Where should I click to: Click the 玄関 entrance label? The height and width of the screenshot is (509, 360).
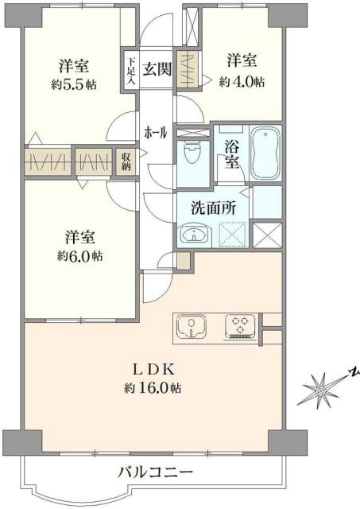(157, 68)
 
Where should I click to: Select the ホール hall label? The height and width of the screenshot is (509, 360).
(155, 133)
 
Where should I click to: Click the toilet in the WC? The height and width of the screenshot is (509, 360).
(192, 152)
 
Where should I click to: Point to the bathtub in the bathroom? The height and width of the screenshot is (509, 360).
(263, 153)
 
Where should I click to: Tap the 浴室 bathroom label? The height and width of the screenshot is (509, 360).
(231, 153)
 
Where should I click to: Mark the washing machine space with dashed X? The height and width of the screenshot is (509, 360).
(233, 235)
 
